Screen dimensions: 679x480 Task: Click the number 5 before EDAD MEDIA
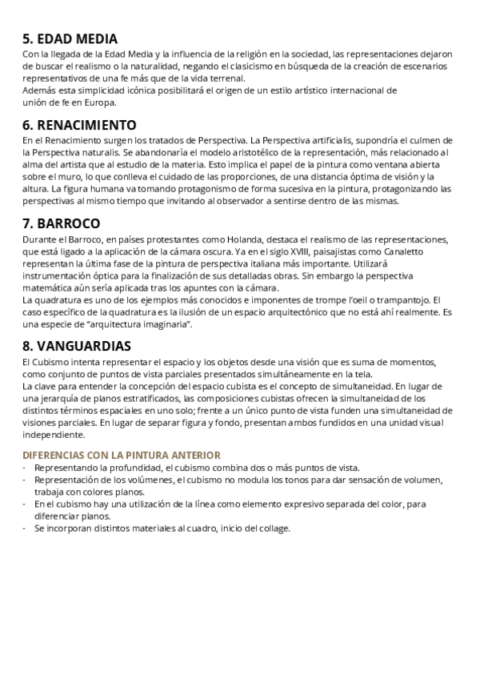point(27,38)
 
